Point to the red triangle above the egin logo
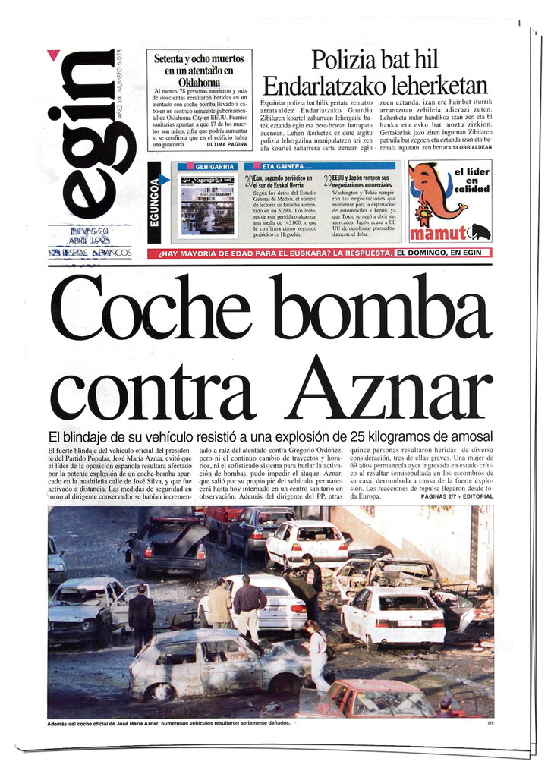point(53,55)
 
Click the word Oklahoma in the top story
point(199,81)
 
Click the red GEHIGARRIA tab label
point(215,165)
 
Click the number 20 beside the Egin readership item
point(248,181)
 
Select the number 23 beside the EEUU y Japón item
point(327,181)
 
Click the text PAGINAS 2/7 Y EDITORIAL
point(456,496)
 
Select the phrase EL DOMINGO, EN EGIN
point(442,252)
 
